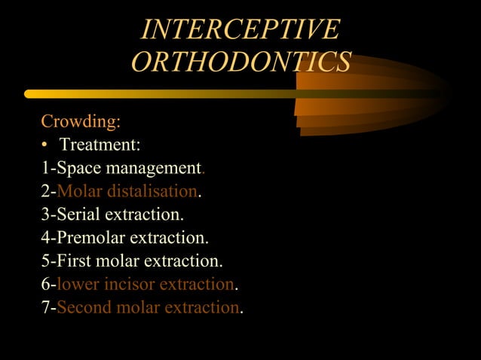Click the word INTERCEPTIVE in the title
pyautogui.click(x=240, y=30)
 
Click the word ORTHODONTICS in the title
pyautogui.click(x=240, y=62)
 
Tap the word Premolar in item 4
pyautogui.click(x=90, y=238)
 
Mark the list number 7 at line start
pyautogui.click(x=45, y=308)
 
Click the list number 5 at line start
pyautogui.click(x=45, y=261)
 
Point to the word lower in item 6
pyautogui.click(x=76, y=285)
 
